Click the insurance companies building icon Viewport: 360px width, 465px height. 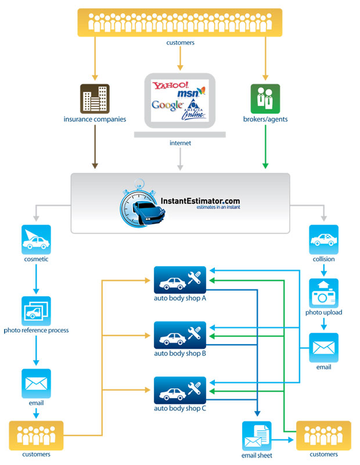(95, 99)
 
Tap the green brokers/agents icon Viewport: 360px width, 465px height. (265, 99)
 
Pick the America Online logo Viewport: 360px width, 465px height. (196, 109)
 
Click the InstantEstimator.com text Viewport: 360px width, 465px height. (200, 201)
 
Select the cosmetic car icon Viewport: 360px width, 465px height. (36, 239)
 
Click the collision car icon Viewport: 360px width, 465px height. (323, 239)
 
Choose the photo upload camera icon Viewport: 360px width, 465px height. (323, 293)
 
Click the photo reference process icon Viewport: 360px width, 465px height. (36, 311)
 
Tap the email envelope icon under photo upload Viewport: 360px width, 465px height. (323, 348)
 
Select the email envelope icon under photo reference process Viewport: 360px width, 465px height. (36, 383)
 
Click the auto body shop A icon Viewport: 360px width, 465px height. (180, 280)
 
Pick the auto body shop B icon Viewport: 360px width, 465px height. (180, 335)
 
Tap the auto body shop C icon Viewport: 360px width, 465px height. (180, 390)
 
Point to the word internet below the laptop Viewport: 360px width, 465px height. (180, 142)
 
